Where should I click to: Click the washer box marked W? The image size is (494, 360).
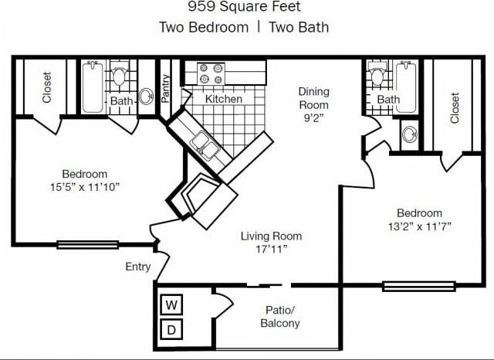172,304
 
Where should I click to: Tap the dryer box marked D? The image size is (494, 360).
172,331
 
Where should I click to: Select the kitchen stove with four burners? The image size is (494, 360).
210,73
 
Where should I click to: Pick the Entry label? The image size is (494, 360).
137,267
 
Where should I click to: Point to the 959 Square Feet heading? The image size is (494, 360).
244,7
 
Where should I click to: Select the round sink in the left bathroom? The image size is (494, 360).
146,97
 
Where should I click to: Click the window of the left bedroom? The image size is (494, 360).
87,245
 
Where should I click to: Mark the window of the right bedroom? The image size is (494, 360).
408,287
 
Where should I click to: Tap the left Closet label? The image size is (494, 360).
48,87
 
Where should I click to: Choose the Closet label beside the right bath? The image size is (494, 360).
455,108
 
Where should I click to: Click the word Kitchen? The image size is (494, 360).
223,99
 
